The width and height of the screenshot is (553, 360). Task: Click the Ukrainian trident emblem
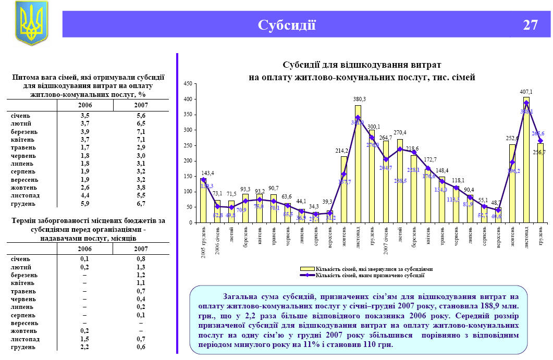pyautogui.click(x=31, y=23)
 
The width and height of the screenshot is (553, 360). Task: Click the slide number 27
pyautogui.click(x=530, y=25)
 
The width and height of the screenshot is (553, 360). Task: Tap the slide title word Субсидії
pyautogui.click(x=287, y=25)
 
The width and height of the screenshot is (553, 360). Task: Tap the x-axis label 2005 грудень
pyautogui.click(x=204, y=238)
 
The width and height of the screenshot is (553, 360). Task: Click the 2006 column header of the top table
pyautogui.click(x=84, y=105)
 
